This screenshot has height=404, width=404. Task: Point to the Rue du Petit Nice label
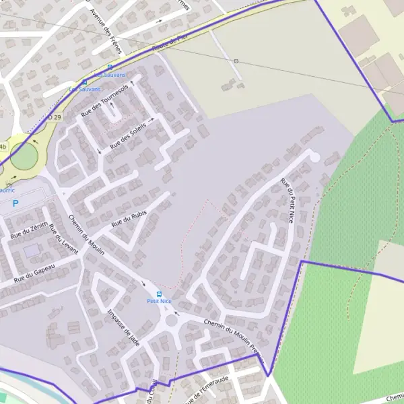288,200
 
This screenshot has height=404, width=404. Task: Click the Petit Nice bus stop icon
160,294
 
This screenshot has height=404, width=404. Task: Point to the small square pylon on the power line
236,61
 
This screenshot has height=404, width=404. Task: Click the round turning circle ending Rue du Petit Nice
314,156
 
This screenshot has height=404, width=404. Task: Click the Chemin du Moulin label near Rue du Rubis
87,235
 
